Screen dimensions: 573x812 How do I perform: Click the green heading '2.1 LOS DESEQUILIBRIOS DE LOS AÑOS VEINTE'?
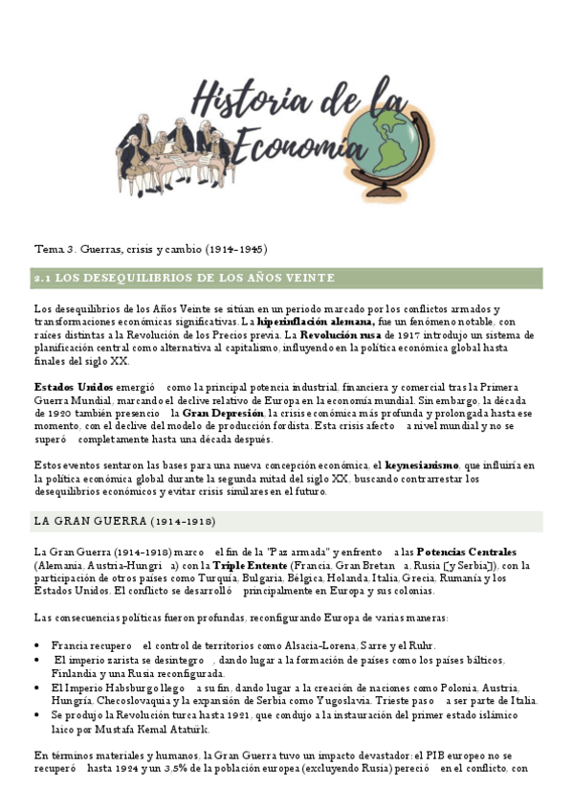coord(184,279)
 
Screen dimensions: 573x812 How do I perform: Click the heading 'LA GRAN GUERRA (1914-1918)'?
coord(124,522)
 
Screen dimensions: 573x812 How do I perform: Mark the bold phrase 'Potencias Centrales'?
coord(467,553)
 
